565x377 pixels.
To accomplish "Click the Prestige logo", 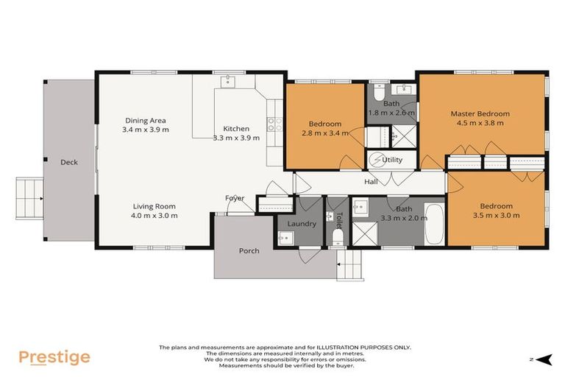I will point(54,357).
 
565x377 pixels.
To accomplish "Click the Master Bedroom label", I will point(480,113).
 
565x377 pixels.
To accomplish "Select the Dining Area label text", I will point(145,120).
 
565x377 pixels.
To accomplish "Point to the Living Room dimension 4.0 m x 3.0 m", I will point(155,216).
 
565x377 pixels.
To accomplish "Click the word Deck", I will point(69,162).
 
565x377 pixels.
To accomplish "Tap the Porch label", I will point(249,251).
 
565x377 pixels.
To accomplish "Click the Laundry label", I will point(302,224).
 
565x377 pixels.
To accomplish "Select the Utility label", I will point(392,159).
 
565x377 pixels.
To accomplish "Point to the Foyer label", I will point(235,198).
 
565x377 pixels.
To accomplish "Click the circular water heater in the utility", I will point(376,159).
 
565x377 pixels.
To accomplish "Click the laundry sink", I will point(286,237).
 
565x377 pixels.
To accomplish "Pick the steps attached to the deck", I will point(30,198).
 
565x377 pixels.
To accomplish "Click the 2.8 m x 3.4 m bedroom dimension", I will point(324,133).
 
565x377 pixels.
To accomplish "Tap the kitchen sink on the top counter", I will point(227,80).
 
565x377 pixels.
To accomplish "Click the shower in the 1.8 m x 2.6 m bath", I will point(402,136).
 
